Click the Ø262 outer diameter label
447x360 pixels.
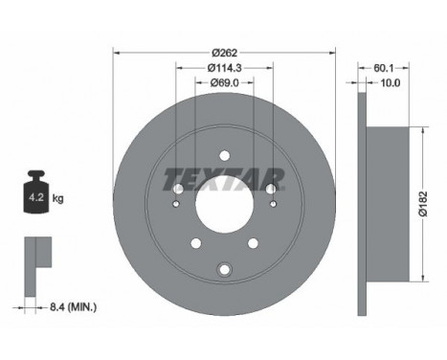point(225,53)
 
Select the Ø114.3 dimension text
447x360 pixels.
point(225,68)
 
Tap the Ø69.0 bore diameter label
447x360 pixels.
point(225,82)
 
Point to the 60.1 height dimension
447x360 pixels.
point(383,68)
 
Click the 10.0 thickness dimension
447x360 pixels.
point(391,82)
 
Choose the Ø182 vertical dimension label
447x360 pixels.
point(423,204)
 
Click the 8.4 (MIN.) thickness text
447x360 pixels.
point(73,307)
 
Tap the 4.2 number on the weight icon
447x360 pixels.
point(36,197)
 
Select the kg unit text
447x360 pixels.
point(58,198)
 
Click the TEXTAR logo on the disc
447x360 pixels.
point(224,179)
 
